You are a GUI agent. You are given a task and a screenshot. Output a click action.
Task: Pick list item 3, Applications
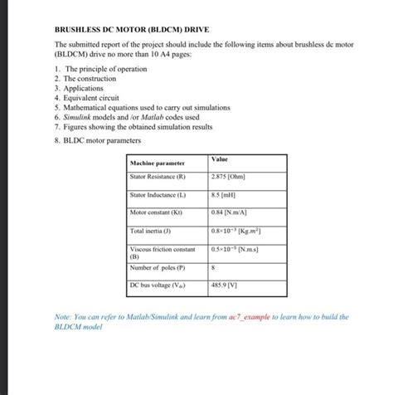coord(84,87)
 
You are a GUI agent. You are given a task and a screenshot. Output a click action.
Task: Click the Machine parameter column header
coord(158,163)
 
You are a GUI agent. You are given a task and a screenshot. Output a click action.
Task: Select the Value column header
coord(221,158)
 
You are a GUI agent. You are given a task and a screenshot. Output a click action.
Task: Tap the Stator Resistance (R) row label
coord(158,177)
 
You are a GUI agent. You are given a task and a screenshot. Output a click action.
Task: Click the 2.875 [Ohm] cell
coord(229,177)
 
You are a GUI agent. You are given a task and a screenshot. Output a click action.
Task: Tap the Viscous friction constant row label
coord(163,249)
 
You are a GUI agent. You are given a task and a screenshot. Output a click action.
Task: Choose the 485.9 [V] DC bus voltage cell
coord(225,285)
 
